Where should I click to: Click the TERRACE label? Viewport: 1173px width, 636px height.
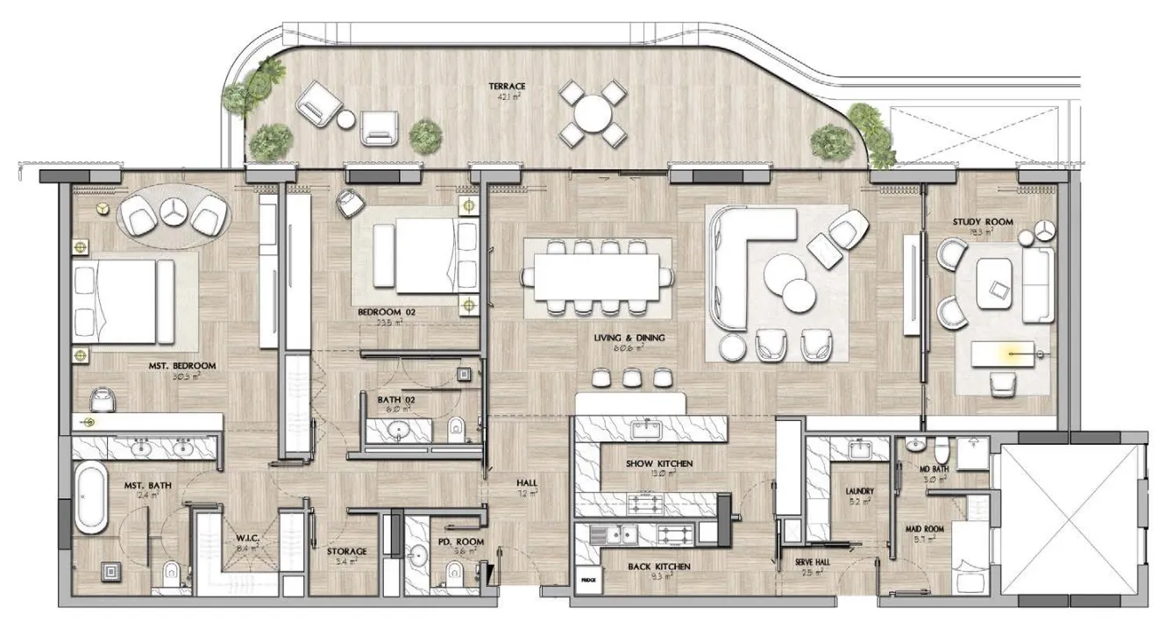508,86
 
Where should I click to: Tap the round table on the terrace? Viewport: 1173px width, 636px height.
594,112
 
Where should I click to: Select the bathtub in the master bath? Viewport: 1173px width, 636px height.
89,498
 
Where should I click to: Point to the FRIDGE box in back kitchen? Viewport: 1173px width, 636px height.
586,580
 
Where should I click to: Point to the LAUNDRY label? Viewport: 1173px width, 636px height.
860,491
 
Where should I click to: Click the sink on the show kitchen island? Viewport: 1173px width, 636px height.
649,430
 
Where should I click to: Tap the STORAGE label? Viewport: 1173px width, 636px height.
346,551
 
